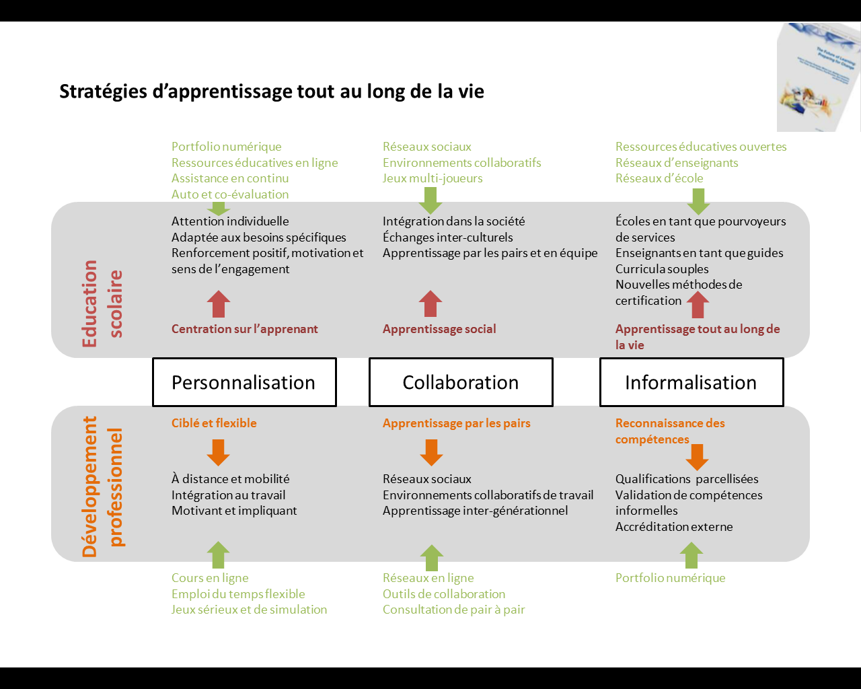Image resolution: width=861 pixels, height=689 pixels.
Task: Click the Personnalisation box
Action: [x=244, y=382]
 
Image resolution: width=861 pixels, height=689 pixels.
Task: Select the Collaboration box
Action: [x=461, y=382]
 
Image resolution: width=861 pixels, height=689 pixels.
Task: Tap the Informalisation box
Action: [x=691, y=382]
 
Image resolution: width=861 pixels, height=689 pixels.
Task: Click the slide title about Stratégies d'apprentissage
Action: [x=272, y=92]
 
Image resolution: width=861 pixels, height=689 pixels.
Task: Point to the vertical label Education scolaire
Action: [x=102, y=303]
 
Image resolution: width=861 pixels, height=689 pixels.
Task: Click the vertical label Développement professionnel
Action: [x=102, y=486]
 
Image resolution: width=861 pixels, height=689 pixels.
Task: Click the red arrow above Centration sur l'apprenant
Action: [x=219, y=303]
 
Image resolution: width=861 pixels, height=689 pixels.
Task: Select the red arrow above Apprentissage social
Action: [x=430, y=303]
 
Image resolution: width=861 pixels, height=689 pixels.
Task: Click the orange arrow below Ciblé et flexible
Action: [x=219, y=452]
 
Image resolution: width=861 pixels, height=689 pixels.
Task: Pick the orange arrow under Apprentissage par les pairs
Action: [x=431, y=452]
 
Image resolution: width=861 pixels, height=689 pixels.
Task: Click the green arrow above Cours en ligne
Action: [x=218, y=555]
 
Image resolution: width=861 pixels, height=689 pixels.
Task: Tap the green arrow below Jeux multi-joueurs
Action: [x=430, y=200]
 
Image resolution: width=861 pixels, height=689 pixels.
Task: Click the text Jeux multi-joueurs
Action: [x=433, y=178]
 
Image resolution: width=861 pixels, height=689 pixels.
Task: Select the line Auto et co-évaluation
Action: [x=230, y=194]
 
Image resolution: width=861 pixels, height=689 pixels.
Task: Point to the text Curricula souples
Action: [x=662, y=269]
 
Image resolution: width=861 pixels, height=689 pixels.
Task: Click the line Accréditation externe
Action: [x=674, y=527]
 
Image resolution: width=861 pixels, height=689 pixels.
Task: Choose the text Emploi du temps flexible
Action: [x=238, y=594]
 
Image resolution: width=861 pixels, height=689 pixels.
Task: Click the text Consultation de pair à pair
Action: [x=453, y=610]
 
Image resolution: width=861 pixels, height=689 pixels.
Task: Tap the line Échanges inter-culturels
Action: [x=447, y=238]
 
